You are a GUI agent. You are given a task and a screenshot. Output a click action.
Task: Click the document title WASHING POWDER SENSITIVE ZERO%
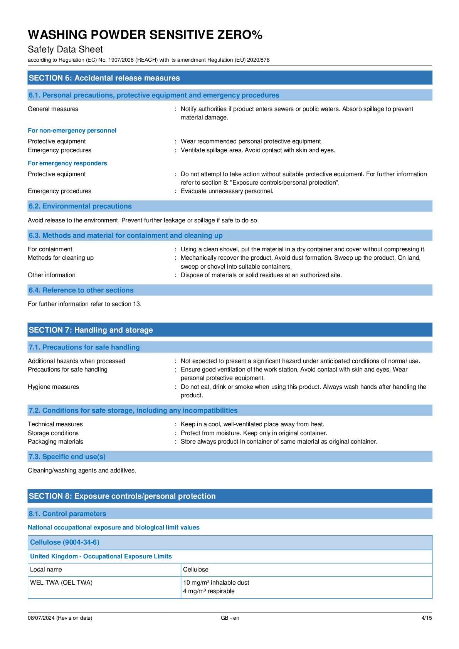click(145, 35)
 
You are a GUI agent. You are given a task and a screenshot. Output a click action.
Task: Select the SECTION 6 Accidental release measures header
click(104, 78)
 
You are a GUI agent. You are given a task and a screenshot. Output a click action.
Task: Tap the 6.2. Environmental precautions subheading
click(80, 206)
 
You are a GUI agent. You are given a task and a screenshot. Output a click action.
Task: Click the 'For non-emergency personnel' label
click(72, 131)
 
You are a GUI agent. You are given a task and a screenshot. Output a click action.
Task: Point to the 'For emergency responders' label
click(67, 163)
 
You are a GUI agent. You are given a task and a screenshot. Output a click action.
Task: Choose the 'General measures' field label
click(53, 109)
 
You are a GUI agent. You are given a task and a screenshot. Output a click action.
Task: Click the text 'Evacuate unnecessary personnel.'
click(227, 191)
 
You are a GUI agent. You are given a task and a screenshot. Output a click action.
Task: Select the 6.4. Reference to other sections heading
click(81, 290)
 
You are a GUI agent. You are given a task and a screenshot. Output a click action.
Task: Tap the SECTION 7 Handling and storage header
click(91, 330)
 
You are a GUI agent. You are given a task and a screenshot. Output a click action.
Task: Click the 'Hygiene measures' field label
click(53, 387)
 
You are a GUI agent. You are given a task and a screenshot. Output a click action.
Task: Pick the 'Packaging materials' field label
click(55, 442)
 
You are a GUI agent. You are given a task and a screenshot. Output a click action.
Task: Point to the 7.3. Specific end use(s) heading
click(67, 457)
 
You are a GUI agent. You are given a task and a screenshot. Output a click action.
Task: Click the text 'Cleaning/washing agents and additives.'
click(82, 471)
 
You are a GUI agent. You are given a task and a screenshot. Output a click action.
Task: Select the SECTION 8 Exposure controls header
click(122, 496)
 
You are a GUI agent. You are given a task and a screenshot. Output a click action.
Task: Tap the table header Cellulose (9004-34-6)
click(65, 542)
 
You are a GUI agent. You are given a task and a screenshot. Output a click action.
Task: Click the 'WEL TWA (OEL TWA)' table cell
click(61, 583)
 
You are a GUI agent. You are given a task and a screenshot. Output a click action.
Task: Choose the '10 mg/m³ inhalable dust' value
click(216, 583)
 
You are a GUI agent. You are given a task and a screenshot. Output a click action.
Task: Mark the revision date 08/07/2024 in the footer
click(60, 618)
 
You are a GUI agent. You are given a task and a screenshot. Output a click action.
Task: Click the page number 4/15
click(427, 618)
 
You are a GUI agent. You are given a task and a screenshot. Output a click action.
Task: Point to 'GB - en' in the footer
click(230, 618)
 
